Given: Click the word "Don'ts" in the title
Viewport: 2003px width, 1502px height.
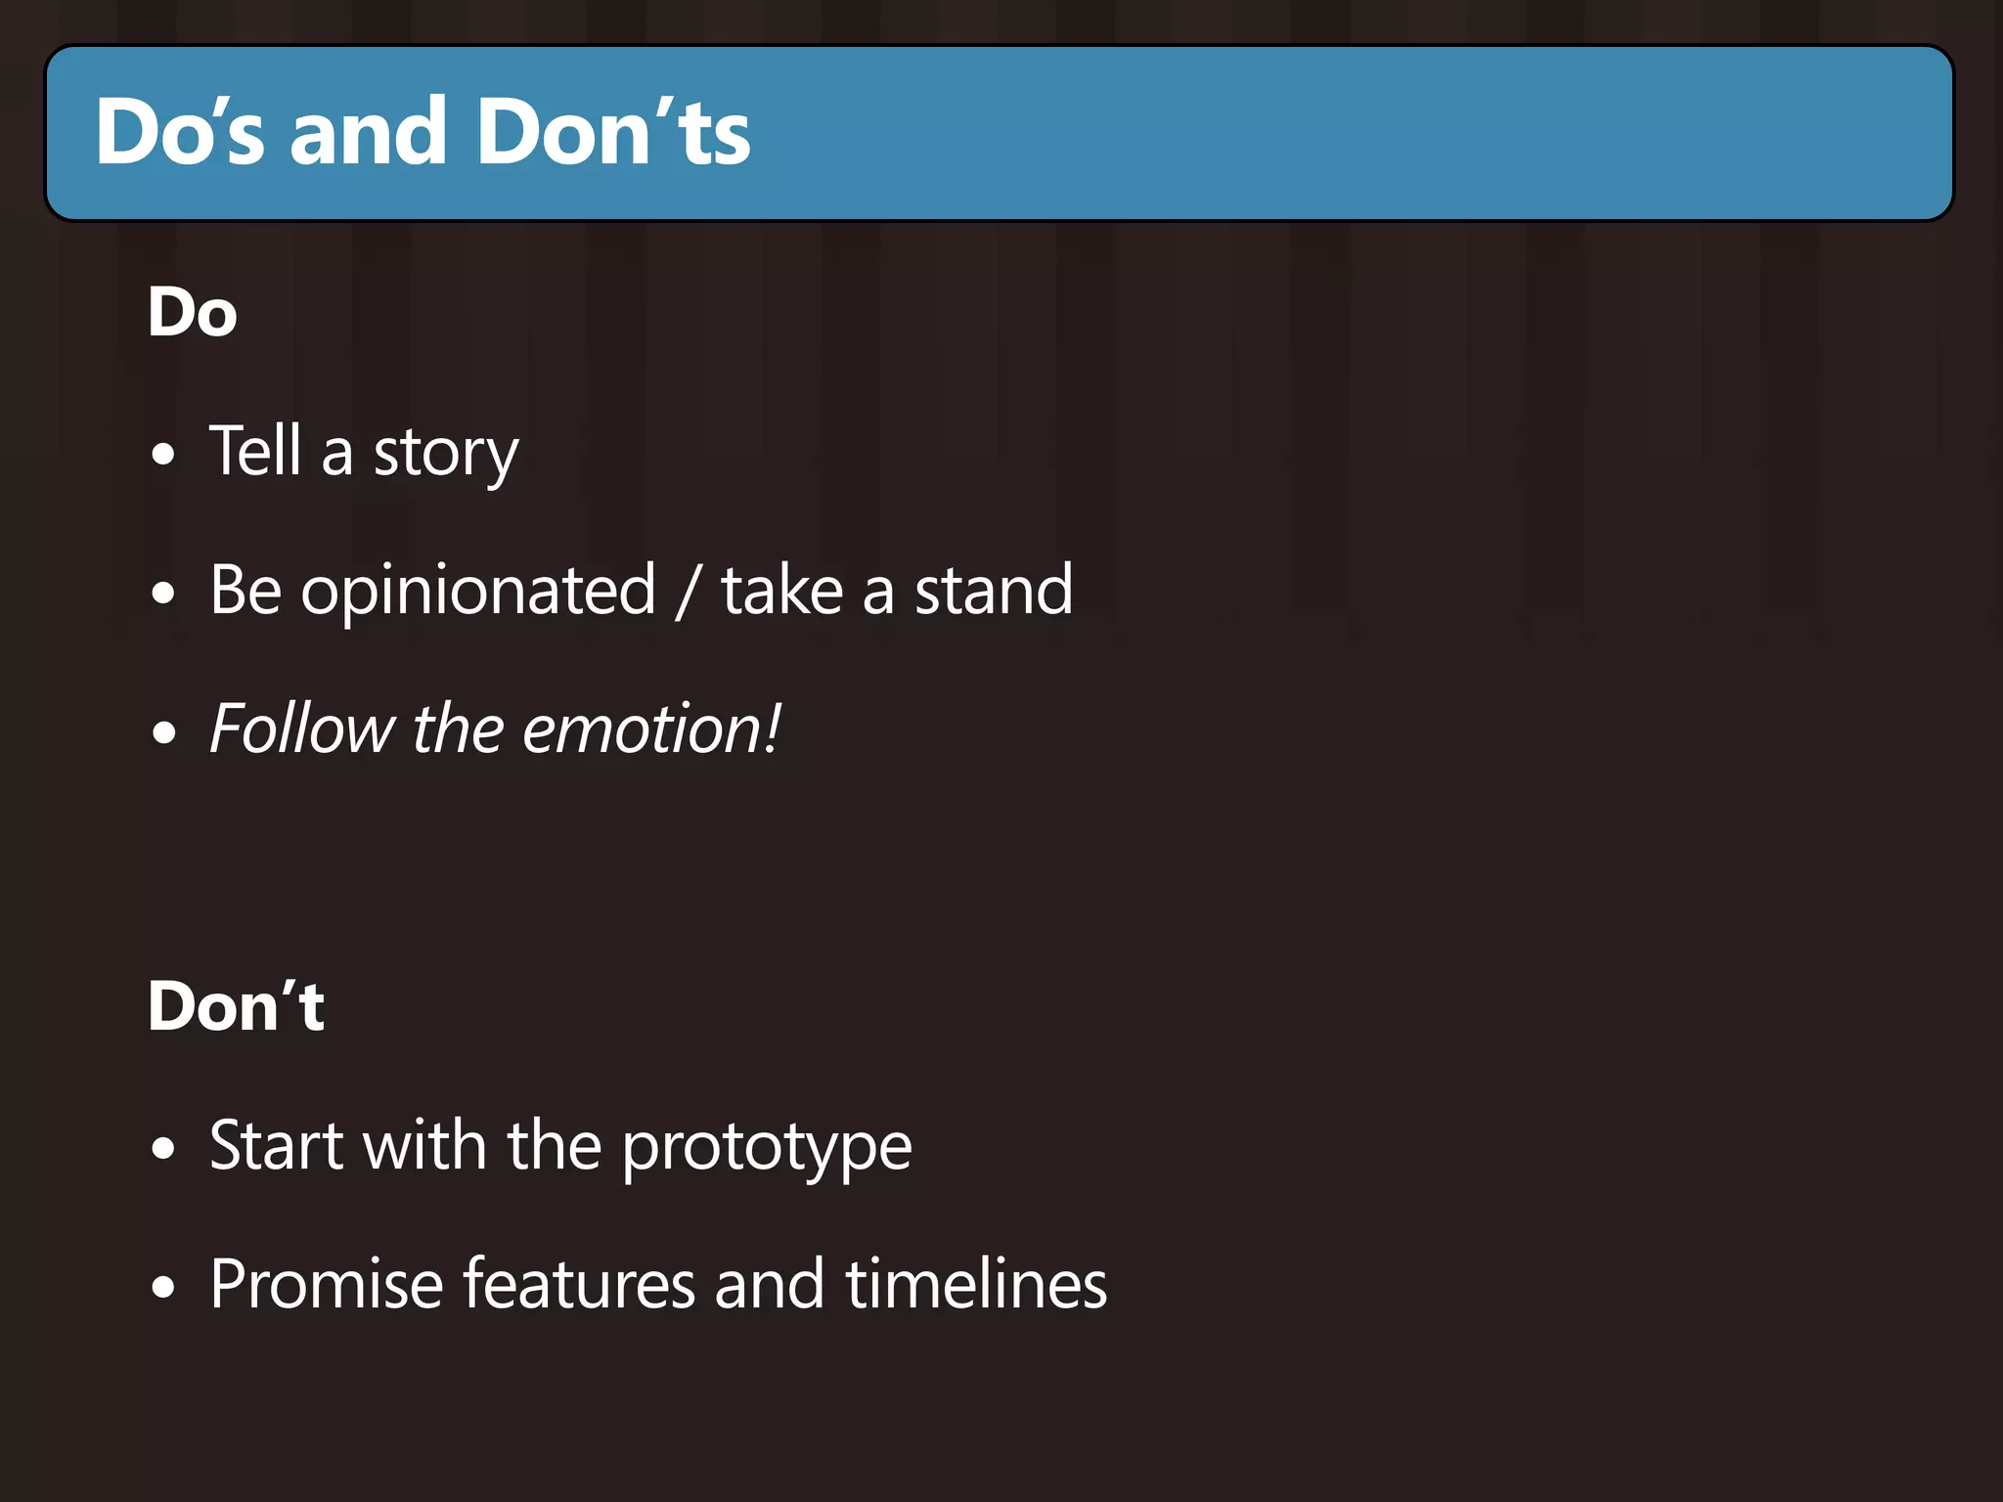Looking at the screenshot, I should (613, 132).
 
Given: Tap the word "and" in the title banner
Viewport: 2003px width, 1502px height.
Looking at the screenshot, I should (369, 132).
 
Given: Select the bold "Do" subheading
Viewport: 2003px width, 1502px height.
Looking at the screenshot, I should (193, 313).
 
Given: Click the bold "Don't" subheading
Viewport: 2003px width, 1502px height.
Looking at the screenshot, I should (236, 1006).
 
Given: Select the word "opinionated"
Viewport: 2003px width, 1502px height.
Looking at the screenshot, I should (478, 592).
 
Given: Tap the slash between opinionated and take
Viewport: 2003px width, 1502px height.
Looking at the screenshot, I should (689, 592).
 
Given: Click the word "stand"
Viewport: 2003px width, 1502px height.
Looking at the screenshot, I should (994, 591).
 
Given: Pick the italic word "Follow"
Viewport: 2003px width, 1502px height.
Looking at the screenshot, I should (301, 729).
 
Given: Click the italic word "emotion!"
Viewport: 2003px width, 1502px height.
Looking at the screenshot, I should (651, 729).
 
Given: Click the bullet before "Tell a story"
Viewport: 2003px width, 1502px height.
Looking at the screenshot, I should (164, 455).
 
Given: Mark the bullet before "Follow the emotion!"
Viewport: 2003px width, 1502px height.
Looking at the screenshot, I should (164, 732).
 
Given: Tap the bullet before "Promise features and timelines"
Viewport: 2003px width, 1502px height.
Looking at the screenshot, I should (164, 1288).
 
